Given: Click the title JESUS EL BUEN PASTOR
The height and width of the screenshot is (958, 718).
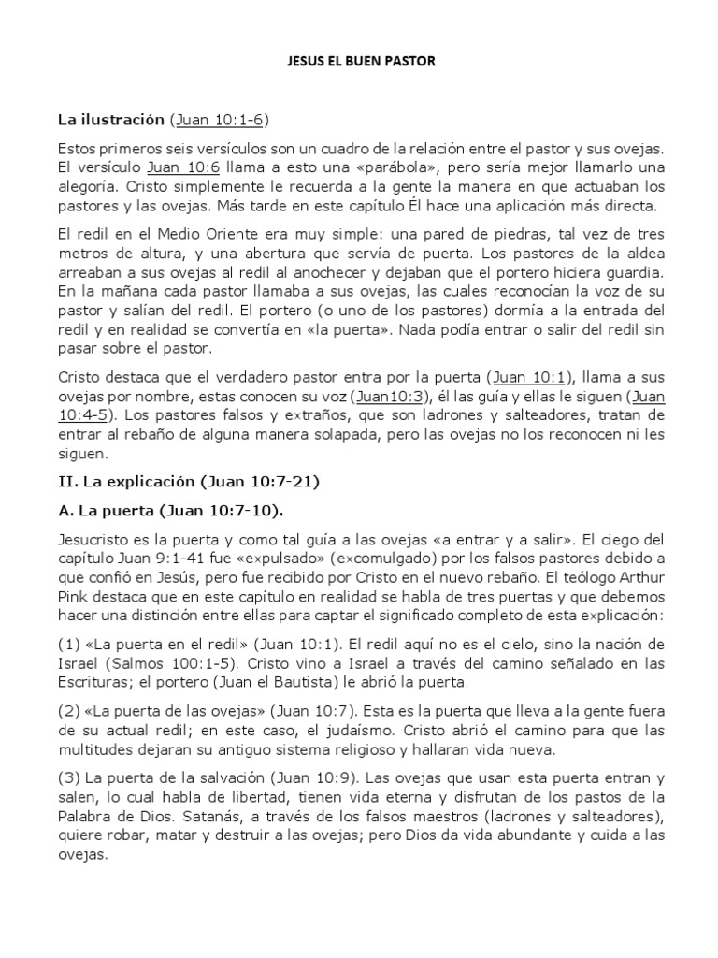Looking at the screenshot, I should click(359, 63).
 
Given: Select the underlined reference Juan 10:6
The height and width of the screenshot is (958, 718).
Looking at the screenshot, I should click(183, 167).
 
